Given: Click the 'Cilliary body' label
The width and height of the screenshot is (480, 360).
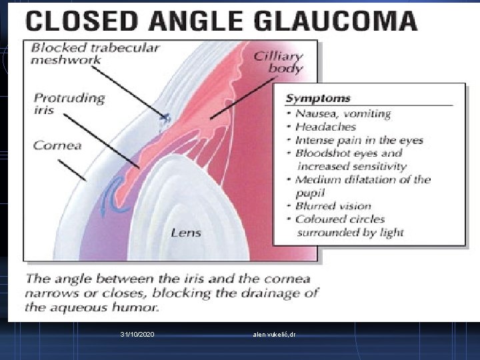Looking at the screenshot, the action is coord(278,62).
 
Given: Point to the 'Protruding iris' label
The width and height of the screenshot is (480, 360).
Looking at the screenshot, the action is coord(69,104).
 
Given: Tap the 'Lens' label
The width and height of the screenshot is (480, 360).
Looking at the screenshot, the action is coord(185,233).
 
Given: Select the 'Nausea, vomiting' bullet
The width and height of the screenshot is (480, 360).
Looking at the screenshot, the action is coord(343,113).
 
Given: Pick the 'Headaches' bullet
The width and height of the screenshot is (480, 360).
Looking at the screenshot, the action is coord(326,127).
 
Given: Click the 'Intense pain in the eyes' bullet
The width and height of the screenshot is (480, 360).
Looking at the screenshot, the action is coord(359,140).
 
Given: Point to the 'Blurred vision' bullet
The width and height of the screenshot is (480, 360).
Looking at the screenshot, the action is coord(333,206).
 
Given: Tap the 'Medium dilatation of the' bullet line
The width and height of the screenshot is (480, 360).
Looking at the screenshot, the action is coord(363,179).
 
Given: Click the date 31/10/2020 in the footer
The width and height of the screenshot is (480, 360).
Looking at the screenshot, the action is coord(138,333).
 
